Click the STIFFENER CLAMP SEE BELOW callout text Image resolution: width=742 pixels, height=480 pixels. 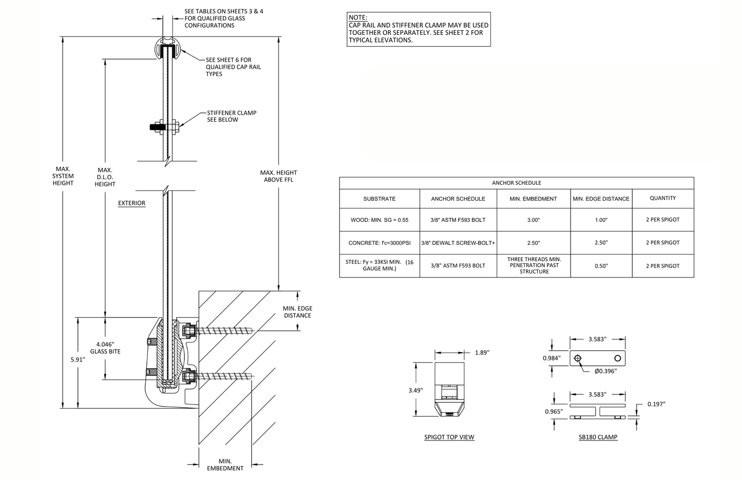[x=231, y=116]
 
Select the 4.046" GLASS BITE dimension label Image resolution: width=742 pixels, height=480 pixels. [x=105, y=348]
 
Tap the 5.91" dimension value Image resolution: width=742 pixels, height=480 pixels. [x=78, y=359]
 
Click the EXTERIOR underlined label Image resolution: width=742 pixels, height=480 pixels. [x=131, y=203]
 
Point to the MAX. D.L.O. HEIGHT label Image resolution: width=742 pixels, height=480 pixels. [x=105, y=177]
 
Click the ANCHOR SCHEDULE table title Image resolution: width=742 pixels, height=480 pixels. [x=516, y=183]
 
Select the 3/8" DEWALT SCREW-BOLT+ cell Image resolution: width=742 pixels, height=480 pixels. [x=458, y=243]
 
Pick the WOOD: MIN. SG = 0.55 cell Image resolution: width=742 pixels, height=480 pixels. [x=379, y=220]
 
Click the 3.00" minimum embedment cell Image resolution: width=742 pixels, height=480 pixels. [x=533, y=220]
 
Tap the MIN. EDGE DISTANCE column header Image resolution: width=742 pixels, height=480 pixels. [x=601, y=199]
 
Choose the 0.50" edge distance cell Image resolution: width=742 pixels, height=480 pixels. [x=601, y=266]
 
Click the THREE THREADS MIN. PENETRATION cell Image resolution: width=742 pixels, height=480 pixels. [x=534, y=265]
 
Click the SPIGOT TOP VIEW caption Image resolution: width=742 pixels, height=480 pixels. [x=449, y=437]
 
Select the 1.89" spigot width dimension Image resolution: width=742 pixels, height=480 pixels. [x=482, y=352]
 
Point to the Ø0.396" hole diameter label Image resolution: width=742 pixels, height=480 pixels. [x=605, y=371]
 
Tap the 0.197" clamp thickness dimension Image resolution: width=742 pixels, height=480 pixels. [x=656, y=404]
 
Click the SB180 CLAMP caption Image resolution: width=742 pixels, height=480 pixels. [x=598, y=437]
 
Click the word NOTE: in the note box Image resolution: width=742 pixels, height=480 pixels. [x=358, y=17]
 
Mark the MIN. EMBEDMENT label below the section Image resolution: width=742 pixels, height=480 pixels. [x=225, y=465]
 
